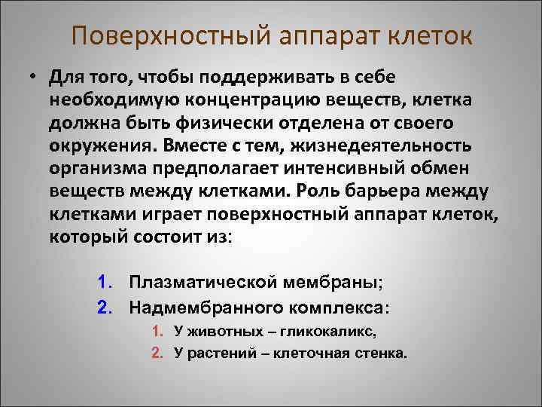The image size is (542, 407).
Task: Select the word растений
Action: pos(221,352)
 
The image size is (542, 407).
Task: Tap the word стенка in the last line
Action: pos(381,352)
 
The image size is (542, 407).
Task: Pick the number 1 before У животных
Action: pos(156,330)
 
